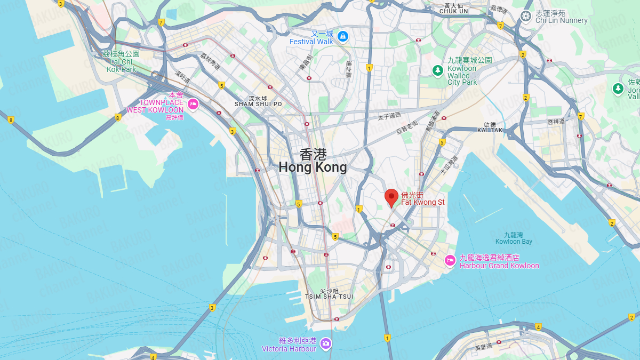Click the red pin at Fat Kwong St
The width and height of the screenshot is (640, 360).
pyautogui.click(x=391, y=197)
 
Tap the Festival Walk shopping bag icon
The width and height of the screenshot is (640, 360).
pyautogui.click(x=343, y=37)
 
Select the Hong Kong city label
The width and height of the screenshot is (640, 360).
pyautogui.click(x=313, y=161)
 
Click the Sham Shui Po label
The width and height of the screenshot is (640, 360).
pyautogui.click(x=258, y=101)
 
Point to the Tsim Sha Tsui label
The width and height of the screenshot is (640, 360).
pyautogui.click(x=329, y=294)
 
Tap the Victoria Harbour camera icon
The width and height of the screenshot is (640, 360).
pyautogui.click(x=326, y=344)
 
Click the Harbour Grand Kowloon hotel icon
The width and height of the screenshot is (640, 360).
pyautogui.click(x=450, y=261)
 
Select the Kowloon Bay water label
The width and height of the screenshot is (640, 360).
pyautogui.click(x=514, y=238)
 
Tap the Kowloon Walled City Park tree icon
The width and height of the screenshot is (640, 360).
pyautogui.click(x=438, y=70)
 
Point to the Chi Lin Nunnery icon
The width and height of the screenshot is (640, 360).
pyautogui.click(x=526, y=16)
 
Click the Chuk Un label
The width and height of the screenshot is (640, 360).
pyautogui.click(x=453, y=9)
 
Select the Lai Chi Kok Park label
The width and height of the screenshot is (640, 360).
pyautogui.click(x=121, y=61)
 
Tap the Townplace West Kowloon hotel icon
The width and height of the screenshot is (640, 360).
pyautogui.click(x=193, y=103)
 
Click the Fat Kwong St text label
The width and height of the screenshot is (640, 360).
pyautogui.click(x=415, y=198)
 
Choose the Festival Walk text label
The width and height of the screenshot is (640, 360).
pyautogui.click(x=311, y=38)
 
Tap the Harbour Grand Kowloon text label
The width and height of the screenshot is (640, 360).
pyautogui.click(x=499, y=261)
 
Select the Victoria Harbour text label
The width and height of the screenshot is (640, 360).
pyautogui.click(x=289, y=345)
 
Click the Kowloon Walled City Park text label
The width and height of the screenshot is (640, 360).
pyautogui.click(x=462, y=71)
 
